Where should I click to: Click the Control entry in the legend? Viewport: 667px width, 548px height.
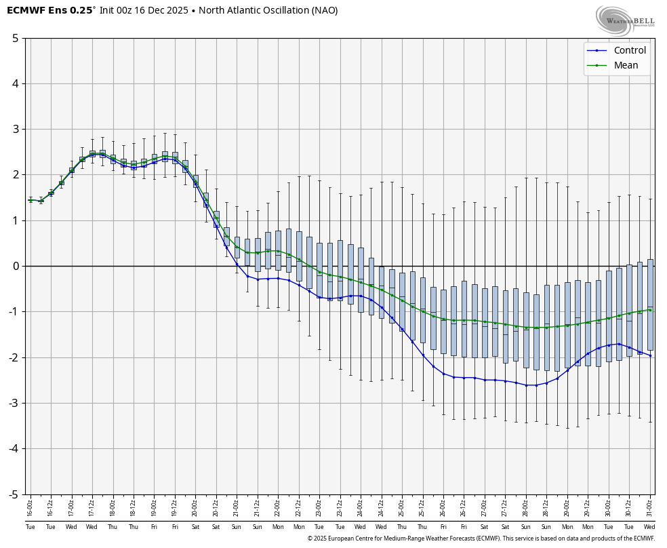click(629, 50)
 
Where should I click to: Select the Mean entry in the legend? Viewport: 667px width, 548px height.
click(626, 65)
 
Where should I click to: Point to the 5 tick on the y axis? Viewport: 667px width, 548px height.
click(15, 38)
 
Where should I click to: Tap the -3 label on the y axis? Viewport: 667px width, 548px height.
click(13, 404)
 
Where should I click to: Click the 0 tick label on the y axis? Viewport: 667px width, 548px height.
click(15, 266)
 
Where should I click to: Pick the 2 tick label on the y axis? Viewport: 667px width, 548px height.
click(15, 175)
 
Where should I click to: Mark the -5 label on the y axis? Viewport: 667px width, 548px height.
click(13, 494)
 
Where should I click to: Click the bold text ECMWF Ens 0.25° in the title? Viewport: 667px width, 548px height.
click(50, 10)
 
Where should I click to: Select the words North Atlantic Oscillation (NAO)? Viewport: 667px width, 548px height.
click(277, 10)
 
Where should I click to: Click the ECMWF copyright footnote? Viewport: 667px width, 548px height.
click(481, 539)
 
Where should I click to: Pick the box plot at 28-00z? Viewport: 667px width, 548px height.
click(526, 330)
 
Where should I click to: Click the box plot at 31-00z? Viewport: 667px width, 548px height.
click(650, 305)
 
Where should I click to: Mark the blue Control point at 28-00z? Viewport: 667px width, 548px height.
click(526, 385)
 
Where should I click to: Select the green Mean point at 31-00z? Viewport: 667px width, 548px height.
click(650, 310)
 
